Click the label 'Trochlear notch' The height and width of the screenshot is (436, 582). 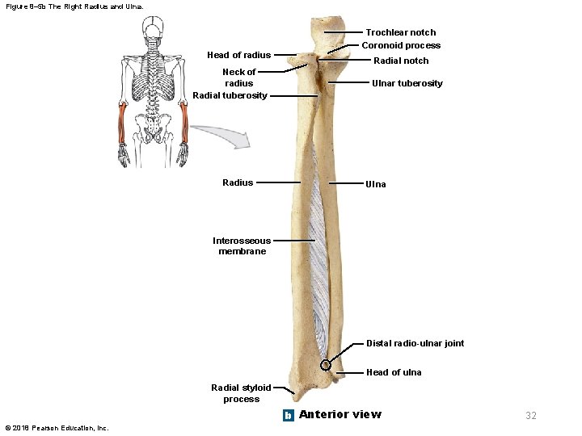(400, 33)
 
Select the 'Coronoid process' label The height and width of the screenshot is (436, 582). (401, 46)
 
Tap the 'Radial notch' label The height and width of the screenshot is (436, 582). (401, 61)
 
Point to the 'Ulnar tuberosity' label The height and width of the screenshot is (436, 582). (407, 84)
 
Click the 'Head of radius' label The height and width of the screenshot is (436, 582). (238, 56)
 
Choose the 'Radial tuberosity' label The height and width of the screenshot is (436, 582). (230, 95)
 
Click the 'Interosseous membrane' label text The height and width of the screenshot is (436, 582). (241, 246)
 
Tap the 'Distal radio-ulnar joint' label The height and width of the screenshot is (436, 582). (415, 343)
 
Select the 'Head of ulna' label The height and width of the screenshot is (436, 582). (394, 372)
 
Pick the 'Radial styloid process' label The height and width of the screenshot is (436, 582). (241, 393)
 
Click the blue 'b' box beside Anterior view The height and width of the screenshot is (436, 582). (288, 415)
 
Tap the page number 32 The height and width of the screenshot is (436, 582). (531, 416)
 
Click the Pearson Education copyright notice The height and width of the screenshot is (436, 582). (57, 428)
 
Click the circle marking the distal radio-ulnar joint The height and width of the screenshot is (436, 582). (327, 365)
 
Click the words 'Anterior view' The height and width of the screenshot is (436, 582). (339, 415)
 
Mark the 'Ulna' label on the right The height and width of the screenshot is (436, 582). (376, 185)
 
